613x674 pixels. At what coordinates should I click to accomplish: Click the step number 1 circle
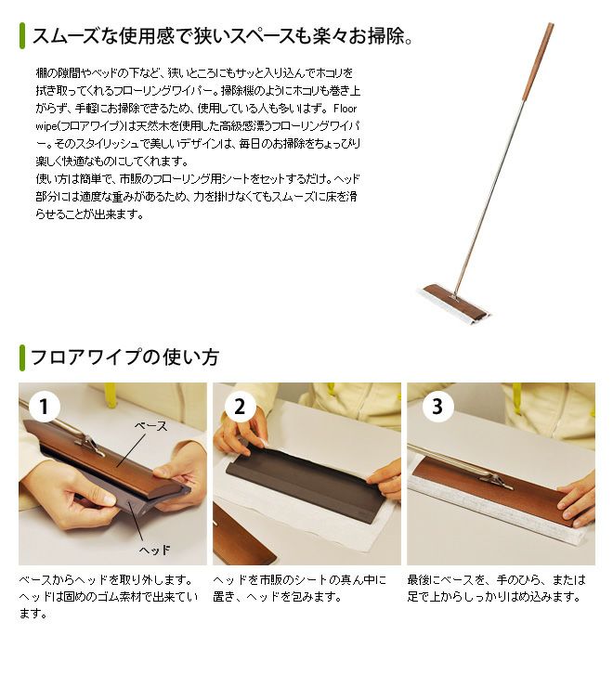coord(44,407)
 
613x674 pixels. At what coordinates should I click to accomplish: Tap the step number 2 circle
coord(240,407)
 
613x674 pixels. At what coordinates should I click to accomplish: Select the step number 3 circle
coord(437,407)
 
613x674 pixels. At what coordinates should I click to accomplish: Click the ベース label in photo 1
coord(150,426)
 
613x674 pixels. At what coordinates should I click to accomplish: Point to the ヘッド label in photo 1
coord(154,550)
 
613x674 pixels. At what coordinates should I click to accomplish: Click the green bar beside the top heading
coord(22,35)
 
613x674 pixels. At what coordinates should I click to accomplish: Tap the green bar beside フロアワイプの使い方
coord(22,357)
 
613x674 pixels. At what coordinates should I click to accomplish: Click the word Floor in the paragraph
coord(345,109)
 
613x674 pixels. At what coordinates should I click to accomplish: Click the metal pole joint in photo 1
coord(91,445)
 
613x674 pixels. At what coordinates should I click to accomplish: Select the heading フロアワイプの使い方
coord(125,357)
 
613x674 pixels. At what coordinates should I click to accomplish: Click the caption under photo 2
coord(299,589)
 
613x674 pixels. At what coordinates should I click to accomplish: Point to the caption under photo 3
coord(496,589)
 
